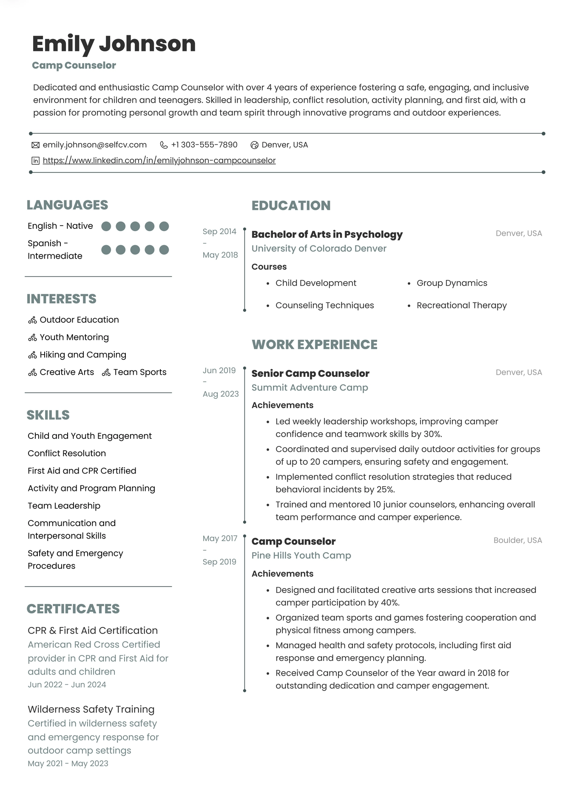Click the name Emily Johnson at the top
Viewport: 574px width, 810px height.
coord(114,44)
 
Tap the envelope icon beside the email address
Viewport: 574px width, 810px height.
coord(36,145)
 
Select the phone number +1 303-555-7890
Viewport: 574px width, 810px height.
coord(204,145)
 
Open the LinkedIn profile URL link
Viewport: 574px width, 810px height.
coord(159,161)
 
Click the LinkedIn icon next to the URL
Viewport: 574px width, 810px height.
coord(36,161)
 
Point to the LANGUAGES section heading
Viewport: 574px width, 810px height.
coord(67,205)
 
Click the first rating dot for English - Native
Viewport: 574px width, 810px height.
coord(106,226)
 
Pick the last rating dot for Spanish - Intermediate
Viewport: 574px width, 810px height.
coord(164,250)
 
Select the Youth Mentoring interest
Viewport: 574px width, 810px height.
coord(74,337)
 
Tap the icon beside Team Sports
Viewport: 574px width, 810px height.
coord(106,373)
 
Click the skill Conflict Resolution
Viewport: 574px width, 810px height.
coord(67,453)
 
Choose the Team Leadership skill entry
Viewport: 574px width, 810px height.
coord(64,505)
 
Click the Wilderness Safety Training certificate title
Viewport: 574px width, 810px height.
coord(91,709)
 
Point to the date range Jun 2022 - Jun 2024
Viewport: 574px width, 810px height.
coord(67,685)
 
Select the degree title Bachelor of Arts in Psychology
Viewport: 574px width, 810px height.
coord(327,234)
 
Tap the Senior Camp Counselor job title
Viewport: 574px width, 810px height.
coord(310,373)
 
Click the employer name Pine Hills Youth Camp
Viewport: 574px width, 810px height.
coord(301,556)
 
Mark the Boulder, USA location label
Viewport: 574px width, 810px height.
coord(517,540)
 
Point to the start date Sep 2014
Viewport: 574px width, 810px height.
coord(219,231)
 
